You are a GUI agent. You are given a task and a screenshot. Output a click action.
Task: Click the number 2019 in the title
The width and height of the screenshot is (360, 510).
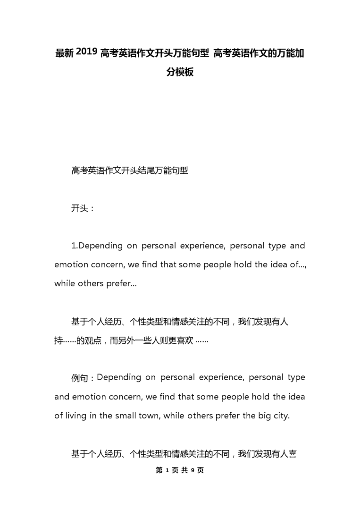coord(86,52)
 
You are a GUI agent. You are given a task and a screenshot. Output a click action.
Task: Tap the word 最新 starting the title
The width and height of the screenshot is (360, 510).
coord(64,53)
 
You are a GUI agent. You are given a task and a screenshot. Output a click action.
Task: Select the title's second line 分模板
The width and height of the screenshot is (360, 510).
coord(180,72)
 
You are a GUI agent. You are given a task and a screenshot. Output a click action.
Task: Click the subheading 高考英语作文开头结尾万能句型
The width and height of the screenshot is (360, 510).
coord(130,170)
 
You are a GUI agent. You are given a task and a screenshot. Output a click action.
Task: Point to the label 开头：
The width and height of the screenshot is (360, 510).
coord(83,208)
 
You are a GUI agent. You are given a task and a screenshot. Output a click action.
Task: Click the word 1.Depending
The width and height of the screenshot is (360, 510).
coord(97,246)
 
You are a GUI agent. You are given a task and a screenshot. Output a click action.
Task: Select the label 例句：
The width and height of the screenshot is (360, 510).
coord(83,378)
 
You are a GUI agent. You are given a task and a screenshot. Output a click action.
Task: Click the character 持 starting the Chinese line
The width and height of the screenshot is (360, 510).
coord(59,340)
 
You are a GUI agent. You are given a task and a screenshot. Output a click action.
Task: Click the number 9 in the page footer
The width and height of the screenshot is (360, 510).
coord(193,470)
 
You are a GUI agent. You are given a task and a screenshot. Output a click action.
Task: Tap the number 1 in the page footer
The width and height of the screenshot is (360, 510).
coord(167,470)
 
